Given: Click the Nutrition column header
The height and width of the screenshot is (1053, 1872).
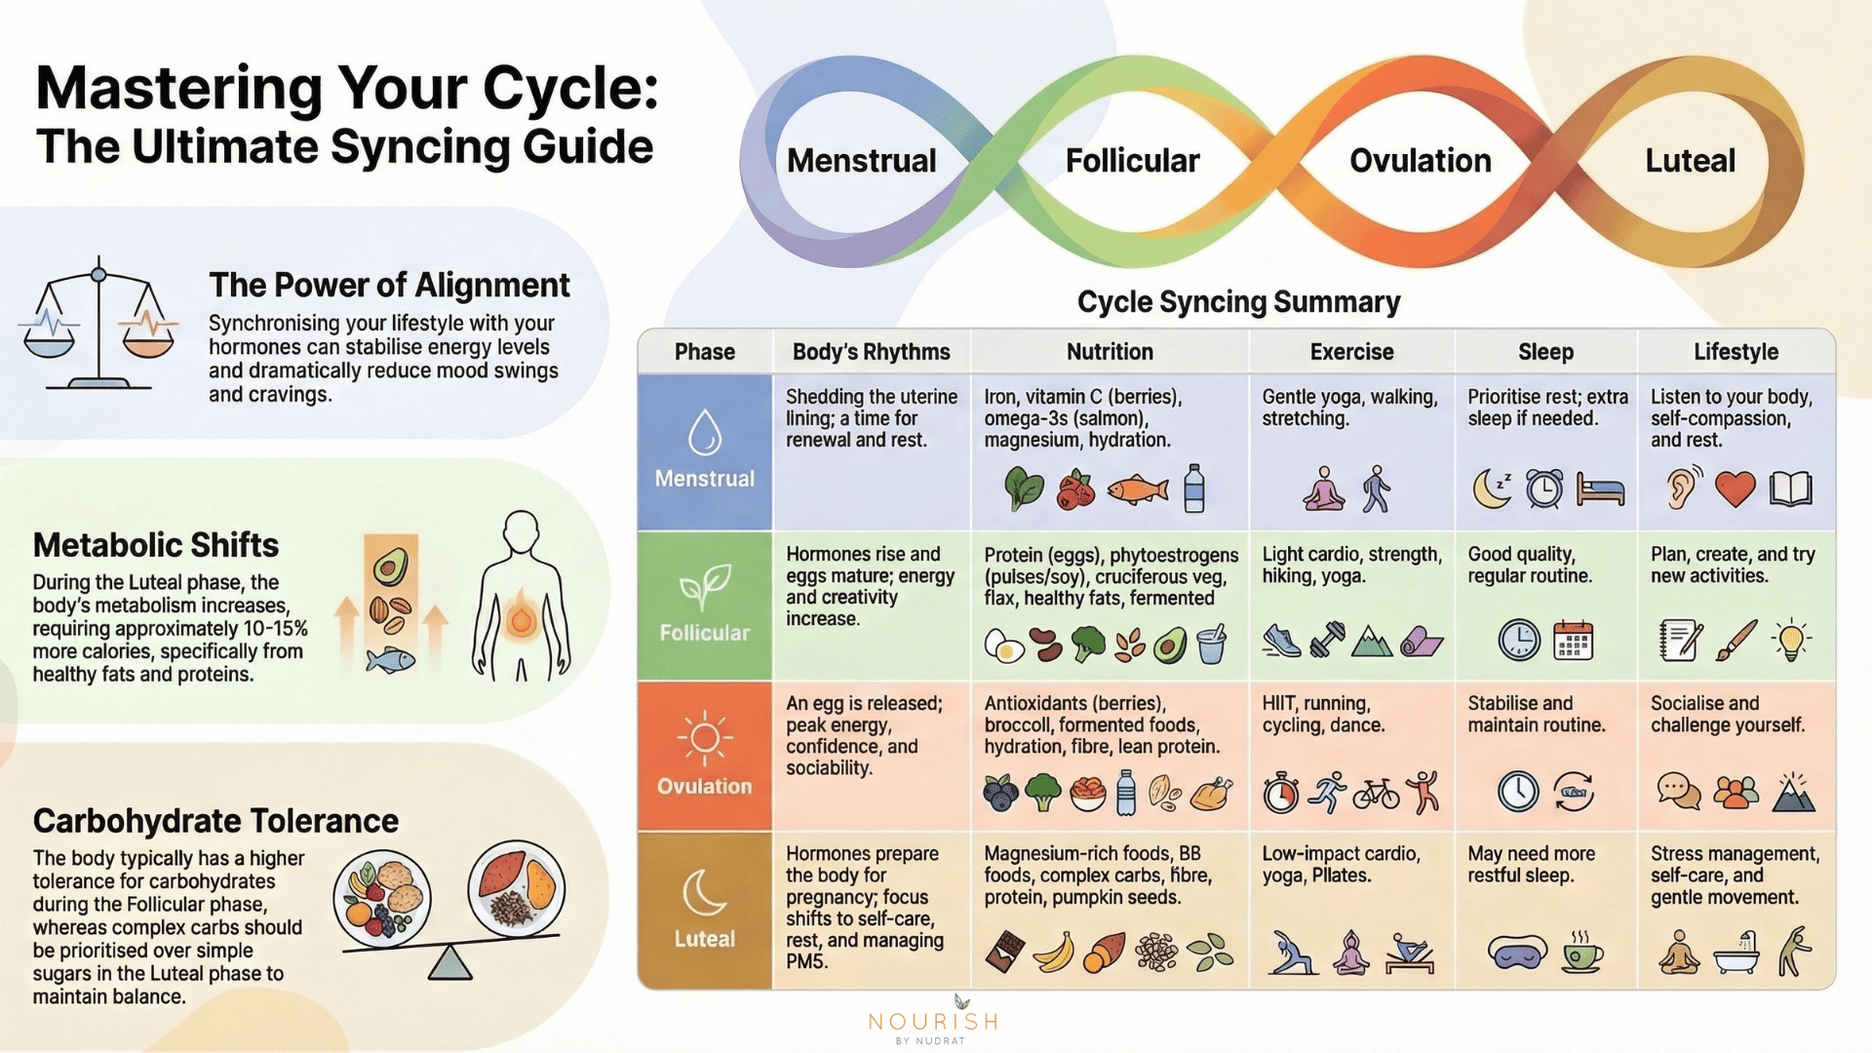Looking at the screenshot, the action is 1110,352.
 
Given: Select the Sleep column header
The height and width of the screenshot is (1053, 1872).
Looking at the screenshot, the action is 1545,352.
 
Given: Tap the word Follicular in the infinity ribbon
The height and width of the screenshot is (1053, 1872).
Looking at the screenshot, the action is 1132,161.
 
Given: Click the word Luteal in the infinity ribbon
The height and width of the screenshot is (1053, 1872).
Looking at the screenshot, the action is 1690,161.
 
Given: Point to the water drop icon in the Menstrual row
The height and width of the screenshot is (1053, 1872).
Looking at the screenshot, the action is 704,432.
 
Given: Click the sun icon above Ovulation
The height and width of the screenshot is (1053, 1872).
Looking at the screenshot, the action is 704,738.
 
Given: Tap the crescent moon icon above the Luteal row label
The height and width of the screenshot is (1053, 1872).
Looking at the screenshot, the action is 704,891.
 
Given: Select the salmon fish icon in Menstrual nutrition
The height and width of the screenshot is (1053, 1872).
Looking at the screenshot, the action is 1138,488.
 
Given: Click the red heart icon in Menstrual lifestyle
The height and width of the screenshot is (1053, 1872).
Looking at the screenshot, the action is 1735,488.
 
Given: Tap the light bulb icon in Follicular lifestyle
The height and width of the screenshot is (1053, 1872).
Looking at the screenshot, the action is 1791,641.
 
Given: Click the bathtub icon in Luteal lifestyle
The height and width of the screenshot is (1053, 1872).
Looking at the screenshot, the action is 1736,953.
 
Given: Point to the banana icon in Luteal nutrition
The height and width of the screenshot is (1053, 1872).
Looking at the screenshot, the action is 1053,953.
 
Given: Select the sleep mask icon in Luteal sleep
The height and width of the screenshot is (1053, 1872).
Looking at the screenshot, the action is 1517,951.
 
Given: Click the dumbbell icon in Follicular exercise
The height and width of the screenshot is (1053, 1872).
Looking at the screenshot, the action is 1327,641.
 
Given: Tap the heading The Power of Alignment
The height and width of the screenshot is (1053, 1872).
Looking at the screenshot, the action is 389,285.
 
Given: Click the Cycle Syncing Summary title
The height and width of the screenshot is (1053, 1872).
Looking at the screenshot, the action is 1238,302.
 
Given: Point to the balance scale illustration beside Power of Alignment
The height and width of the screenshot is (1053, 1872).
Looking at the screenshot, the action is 98,324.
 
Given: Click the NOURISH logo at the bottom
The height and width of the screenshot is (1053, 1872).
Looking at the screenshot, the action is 933,1021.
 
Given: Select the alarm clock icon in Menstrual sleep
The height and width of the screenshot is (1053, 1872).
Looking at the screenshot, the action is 1544,488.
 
